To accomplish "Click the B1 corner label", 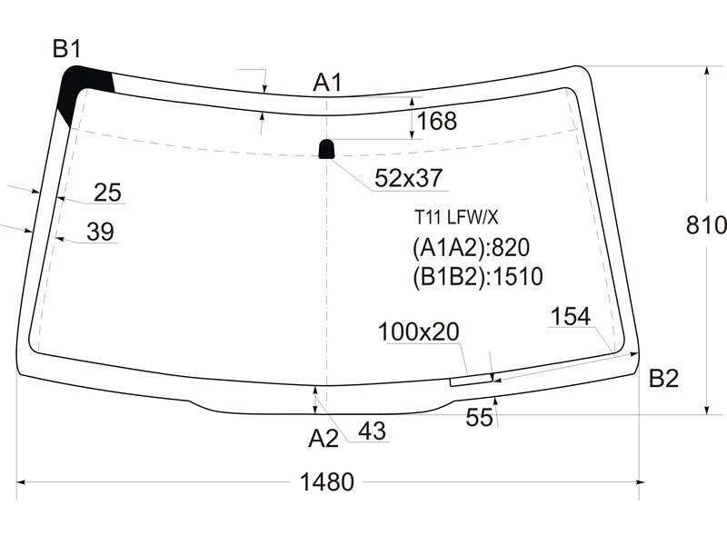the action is [67, 49].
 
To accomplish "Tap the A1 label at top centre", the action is [327, 83].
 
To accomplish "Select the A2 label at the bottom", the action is [324, 438].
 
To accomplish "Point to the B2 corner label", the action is [663, 378].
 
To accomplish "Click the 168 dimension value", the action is [437, 121].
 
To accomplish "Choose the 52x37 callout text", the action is [408, 178].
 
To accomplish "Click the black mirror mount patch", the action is [326, 149].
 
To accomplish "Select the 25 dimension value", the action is [107, 193].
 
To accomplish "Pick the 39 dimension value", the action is [101, 232].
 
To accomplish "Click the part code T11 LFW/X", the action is [456, 217].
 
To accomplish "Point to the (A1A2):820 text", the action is [471, 248].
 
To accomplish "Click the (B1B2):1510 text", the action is [478, 277].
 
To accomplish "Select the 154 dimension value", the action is [571, 317].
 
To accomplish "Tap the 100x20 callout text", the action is [419, 332].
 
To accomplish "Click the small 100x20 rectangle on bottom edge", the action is [471, 381].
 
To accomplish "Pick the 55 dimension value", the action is [479, 418].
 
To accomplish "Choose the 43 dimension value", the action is [372, 431].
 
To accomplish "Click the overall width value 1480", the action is [327, 482].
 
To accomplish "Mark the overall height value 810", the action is [706, 225].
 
